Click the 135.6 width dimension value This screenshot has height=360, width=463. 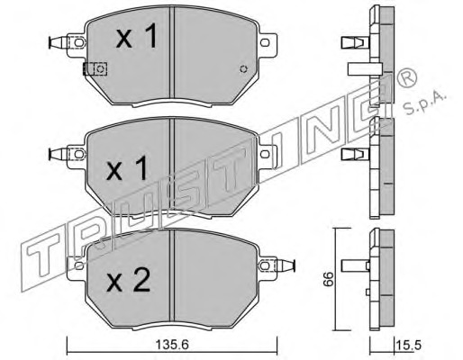coord(172,345)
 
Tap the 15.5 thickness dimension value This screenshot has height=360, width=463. coord(409,346)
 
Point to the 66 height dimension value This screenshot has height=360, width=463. coord(330,279)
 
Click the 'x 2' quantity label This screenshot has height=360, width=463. coord(129,280)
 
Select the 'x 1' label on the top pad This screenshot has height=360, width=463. coord(137,36)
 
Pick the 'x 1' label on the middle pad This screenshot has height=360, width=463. coord(127,168)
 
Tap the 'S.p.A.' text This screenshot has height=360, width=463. coord(425,103)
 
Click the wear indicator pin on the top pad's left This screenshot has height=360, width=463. coord(58,42)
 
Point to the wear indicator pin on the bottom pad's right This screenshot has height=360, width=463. coord(286,265)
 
